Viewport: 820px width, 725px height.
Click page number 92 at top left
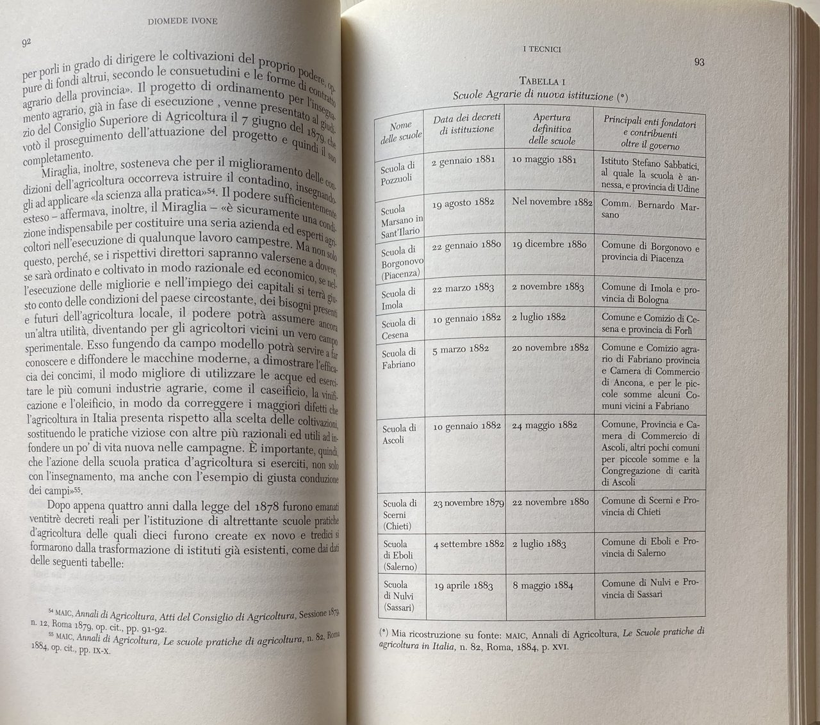click(27, 43)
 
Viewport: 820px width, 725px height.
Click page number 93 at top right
click(699, 62)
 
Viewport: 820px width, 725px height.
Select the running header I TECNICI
click(541, 49)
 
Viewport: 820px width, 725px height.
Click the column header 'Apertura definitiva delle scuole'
click(552, 129)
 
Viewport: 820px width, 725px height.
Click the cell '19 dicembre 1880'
click(549, 244)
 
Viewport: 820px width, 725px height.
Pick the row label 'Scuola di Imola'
click(398, 298)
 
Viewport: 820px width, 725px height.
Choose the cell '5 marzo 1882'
click(461, 349)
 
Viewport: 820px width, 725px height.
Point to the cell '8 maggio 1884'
click(543, 585)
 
